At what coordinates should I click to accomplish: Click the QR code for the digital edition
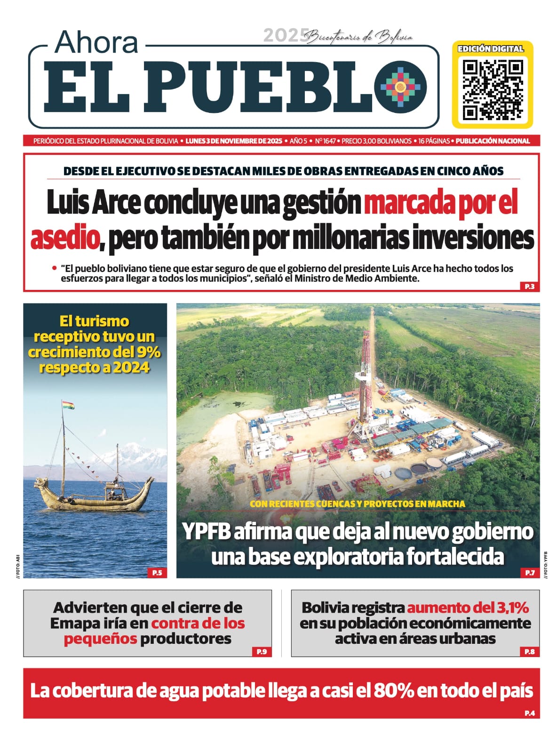pos(492,89)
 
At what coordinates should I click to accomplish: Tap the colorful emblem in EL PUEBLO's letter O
pos(400,87)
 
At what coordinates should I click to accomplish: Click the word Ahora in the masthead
pos(96,42)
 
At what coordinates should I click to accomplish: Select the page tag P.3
pos(529,286)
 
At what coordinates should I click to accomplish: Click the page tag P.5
pos(157,573)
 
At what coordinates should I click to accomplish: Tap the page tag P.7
pos(529,573)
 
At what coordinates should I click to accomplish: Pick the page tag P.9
pos(261,651)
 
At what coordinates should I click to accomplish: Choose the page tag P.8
pos(529,651)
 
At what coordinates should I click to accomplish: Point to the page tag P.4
pos(529,713)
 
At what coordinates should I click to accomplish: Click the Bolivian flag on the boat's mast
pos(68,405)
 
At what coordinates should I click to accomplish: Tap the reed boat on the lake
pos(94,494)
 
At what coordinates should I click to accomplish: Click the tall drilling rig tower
pos(363,376)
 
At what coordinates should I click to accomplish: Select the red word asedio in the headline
pos(64,239)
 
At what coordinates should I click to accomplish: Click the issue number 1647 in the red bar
pos(329,141)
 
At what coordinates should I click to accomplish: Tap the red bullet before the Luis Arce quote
pos(55,268)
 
